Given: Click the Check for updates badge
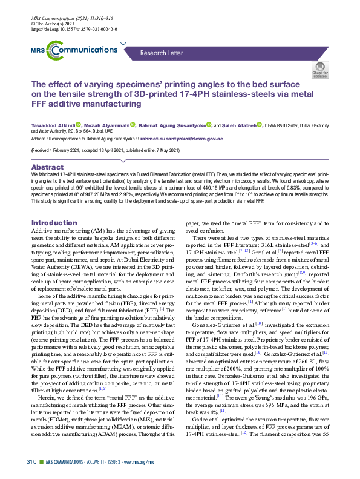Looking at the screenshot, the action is (319, 70).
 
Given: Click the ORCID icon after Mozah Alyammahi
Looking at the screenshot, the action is (131, 125).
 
